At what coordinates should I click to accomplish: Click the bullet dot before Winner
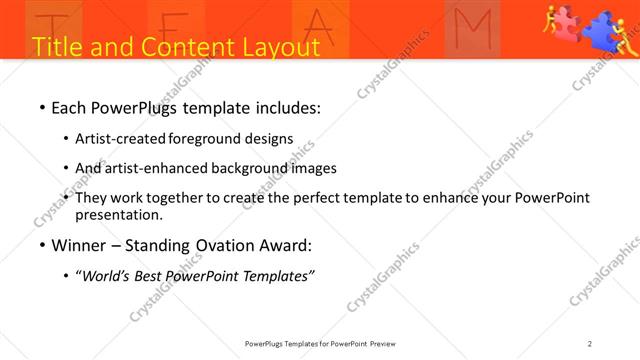[x=42, y=246]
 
